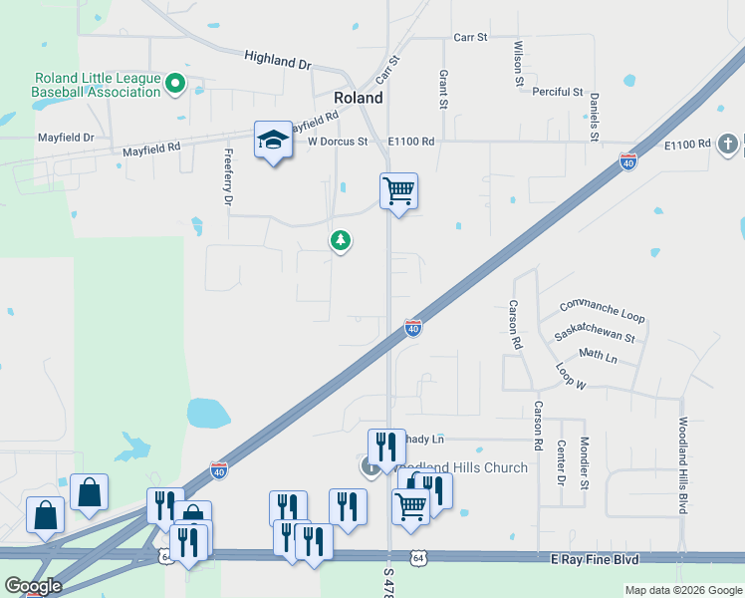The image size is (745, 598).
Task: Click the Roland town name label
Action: [x=359, y=98]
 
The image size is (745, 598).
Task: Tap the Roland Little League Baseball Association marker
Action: [x=176, y=84]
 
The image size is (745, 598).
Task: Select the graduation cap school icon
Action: [x=272, y=141]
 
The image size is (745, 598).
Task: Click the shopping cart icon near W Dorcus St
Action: [x=398, y=190]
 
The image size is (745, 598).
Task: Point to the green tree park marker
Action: [x=341, y=240]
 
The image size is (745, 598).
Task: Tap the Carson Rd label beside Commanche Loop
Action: [x=515, y=324]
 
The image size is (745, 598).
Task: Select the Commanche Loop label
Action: [x=602, y=311]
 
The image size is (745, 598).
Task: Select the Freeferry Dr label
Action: [x=228, y=177]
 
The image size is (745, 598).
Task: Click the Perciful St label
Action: [x=557, y=92]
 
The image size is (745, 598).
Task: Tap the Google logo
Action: [x=33, y=586]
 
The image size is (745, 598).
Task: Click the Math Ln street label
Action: [x=598, y=356]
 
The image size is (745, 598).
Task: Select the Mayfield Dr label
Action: [x=66, y=137]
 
